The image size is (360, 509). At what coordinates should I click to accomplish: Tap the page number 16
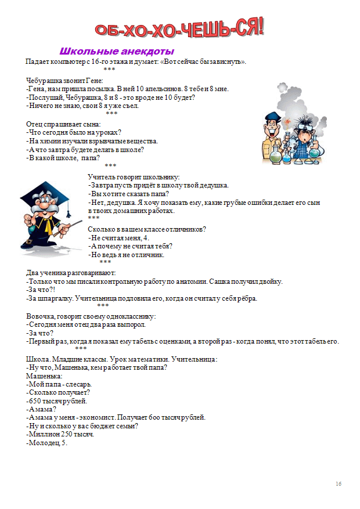(x=339, y=484)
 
